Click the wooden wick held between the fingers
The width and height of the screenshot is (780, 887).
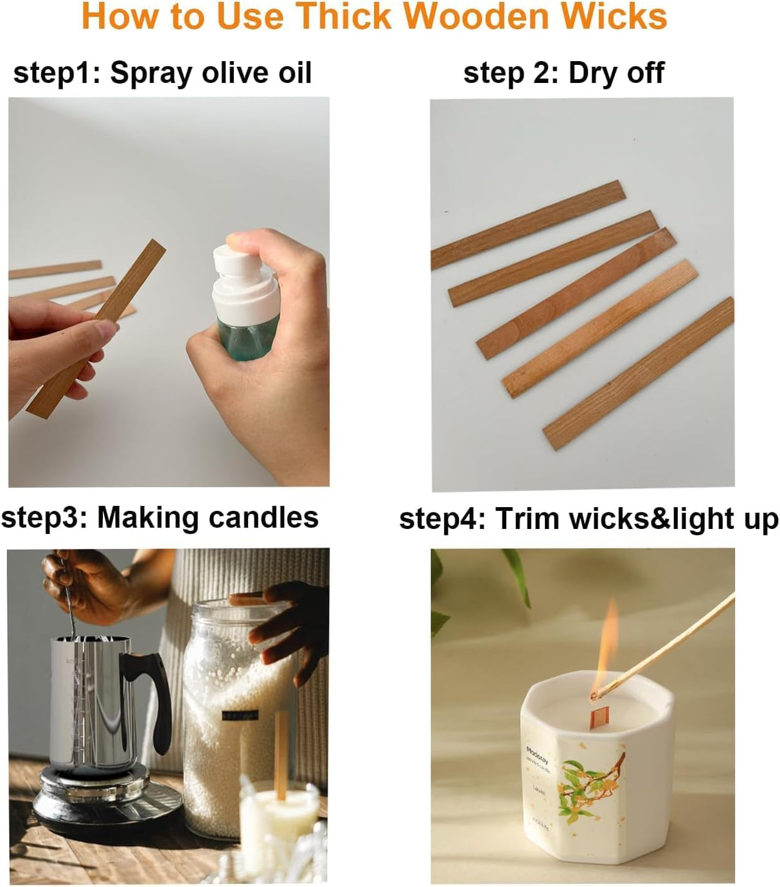96,328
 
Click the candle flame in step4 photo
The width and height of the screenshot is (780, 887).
607,649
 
